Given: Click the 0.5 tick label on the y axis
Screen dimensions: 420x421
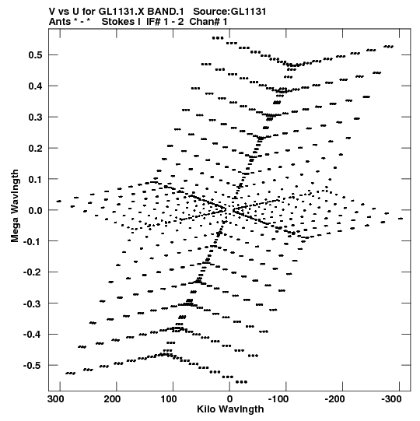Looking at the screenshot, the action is point(35,55).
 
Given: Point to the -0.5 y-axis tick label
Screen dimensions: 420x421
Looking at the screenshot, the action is point(33,366).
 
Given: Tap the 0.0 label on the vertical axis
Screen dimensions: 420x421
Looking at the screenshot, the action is point(35,210).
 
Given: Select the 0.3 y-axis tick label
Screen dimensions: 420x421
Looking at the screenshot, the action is point(35,117).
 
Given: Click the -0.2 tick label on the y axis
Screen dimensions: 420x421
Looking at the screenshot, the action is point(33,272).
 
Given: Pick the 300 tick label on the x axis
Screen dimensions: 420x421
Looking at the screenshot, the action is point(56,399).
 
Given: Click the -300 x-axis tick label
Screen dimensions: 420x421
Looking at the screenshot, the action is point(391,399).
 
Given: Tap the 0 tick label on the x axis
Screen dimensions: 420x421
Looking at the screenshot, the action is point(229,399).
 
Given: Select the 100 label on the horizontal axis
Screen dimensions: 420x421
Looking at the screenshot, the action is point(169,399).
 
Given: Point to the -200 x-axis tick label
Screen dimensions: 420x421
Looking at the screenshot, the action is point(335,399).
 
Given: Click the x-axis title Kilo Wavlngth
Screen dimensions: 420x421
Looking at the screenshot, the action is point(230,409).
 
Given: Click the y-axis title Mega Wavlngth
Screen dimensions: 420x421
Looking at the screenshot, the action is point(15,206).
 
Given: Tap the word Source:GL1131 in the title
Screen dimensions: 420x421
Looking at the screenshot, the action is point(229,12).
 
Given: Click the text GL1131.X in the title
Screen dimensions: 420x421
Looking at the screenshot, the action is point(121,12).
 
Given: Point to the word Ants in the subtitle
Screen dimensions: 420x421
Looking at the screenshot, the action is point(60,22).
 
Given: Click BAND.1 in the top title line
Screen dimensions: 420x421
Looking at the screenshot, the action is point(166,12).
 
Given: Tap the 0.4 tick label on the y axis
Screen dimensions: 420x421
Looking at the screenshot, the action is point(35,86).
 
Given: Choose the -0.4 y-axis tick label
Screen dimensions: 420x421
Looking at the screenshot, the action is point(33,335).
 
